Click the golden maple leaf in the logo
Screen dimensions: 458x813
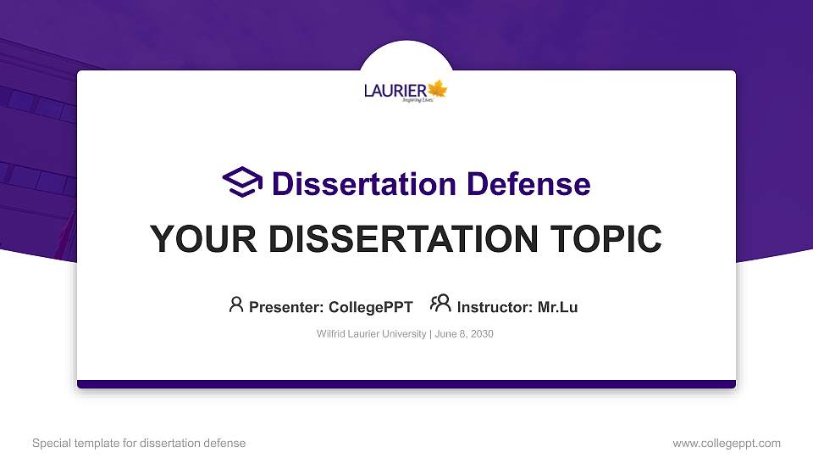coord(437,89)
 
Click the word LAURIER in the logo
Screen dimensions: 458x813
coord(395,90)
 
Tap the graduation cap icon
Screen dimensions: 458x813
coord(241,182)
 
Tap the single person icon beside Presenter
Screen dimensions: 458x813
coord(236,304)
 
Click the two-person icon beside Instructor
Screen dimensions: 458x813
coord(440,304)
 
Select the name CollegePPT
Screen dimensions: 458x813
coord(370,307)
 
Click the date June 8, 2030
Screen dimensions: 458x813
coord(464,334)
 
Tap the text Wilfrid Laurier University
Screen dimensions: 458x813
coord(372,334)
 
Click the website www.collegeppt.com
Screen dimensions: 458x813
coord(727,443)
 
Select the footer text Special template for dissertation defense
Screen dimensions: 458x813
coord(139,443)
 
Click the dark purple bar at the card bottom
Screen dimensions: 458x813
coord(406,384)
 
